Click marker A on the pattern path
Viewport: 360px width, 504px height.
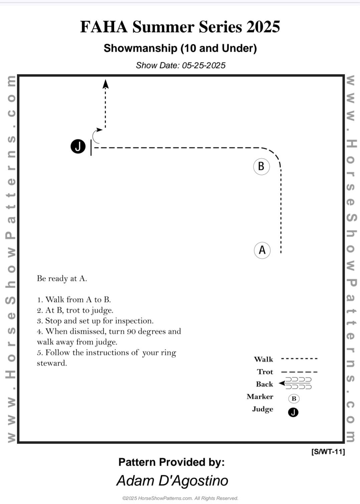(x=262, y=250)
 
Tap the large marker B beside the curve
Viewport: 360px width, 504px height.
(x=261, y=167)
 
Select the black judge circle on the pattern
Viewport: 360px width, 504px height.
(x=78, y=146)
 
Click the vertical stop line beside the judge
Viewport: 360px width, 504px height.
(x=91, y=148)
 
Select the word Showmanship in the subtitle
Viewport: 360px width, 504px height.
(x=140, y=48)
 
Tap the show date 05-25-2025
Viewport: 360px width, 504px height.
(x=204, y=65)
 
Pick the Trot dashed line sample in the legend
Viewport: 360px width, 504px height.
(x=299, y=372)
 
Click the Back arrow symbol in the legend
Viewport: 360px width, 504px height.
(x=295, y=383)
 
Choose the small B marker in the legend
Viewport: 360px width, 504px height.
(x=294, y=399)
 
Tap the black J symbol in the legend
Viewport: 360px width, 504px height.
(x=293, y=412)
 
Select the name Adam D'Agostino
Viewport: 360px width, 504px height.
(x=172, y=481)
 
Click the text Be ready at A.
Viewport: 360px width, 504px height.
(x=62, y=279)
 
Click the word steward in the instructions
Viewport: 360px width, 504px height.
(x=52, y=363)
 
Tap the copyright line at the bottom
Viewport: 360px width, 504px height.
(x=180, y=498)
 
